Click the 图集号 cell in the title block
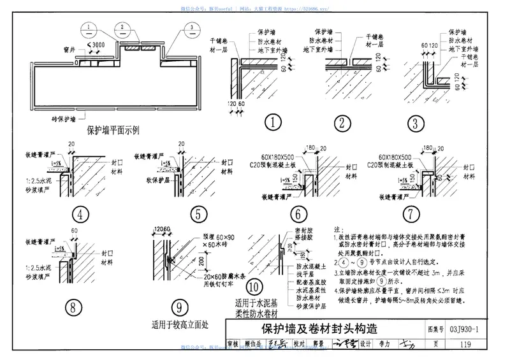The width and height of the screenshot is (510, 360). [432, 329]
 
